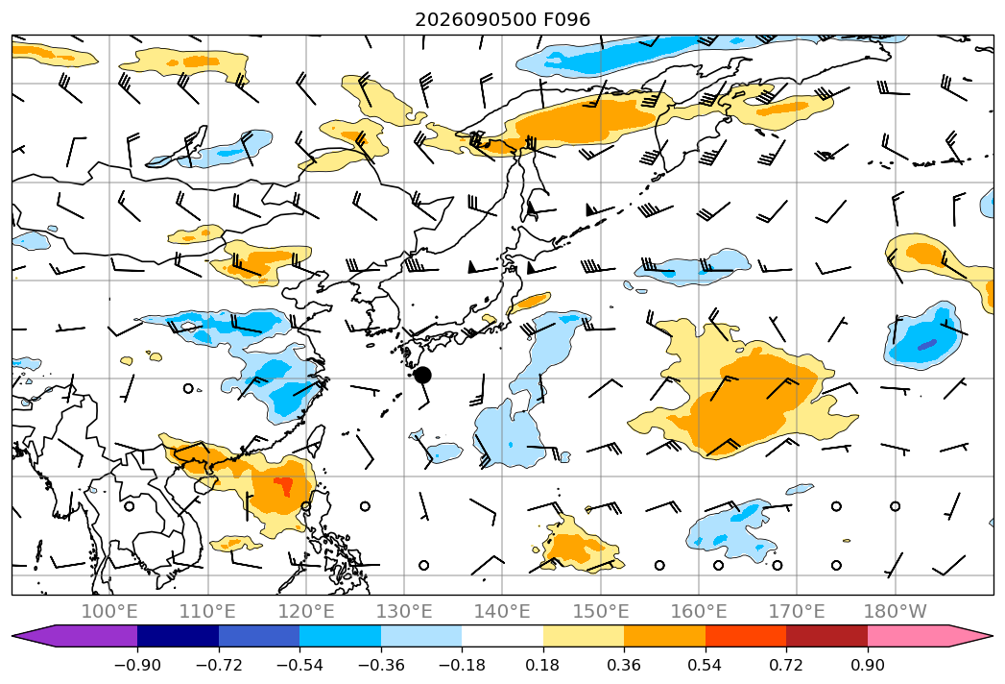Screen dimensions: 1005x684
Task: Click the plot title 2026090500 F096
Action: coord(503,19)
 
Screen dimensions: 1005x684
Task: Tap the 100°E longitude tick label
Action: coord(109,611)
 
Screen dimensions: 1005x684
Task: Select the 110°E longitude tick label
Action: coord(207,611)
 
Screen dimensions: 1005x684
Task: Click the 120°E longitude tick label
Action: coord(306,611)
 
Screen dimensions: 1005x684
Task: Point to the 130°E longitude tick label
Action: coord(404,611)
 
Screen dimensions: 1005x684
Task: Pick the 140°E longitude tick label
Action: coord(502,611)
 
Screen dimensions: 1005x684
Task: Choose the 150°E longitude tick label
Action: coord(601,611)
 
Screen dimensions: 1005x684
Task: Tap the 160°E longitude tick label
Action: coord(699,611)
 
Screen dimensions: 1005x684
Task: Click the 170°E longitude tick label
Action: coord(797,611)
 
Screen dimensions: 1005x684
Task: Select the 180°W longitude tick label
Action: coord(895,611)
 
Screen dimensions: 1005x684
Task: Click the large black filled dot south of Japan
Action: coord(422,376)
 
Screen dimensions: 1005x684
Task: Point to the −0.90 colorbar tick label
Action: coord(137,665)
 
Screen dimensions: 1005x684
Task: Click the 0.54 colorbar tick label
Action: coord(706,665)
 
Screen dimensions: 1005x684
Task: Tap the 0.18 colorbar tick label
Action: coord(543,665)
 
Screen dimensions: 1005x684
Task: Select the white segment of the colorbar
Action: coord(503,636)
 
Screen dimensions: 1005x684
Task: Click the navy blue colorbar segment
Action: coord(179,636)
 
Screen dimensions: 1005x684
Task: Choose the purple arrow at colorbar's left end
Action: coord(75,636)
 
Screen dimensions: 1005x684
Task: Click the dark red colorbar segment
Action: coord(826,636)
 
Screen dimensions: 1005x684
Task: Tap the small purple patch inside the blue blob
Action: coord(927,345)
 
